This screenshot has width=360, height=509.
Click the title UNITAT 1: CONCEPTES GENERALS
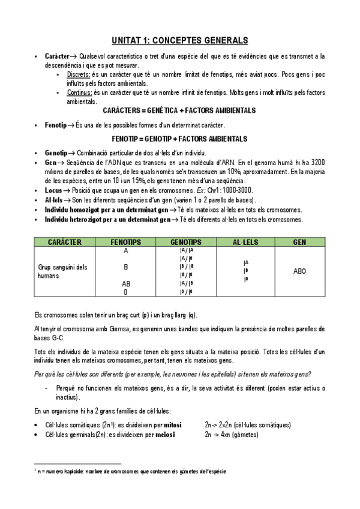[180, 40]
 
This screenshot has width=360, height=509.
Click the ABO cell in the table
[299, 271]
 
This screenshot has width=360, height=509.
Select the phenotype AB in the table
[126, 283]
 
